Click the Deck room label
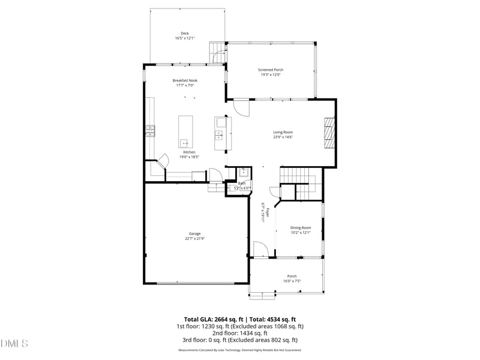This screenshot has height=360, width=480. [x=185, y=33]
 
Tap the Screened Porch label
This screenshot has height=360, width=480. [x=271, y=70]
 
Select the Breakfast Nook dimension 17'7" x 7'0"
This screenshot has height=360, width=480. [x=185, y=85]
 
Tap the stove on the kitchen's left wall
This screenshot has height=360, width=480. [x=149, y=130]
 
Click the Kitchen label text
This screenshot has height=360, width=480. [x=189, y=152]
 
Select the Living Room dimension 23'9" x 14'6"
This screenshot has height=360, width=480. [x=283, y=137]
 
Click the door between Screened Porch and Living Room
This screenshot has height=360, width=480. [x=241, y=107]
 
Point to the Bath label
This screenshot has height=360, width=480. [x=242, y=183]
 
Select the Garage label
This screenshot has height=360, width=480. [x=194, y=233]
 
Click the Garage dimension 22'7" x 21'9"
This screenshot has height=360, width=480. [x=194, y=239]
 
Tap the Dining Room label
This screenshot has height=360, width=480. [x=301, y=227]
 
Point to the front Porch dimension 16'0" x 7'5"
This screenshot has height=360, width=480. [x=292, y=281]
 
